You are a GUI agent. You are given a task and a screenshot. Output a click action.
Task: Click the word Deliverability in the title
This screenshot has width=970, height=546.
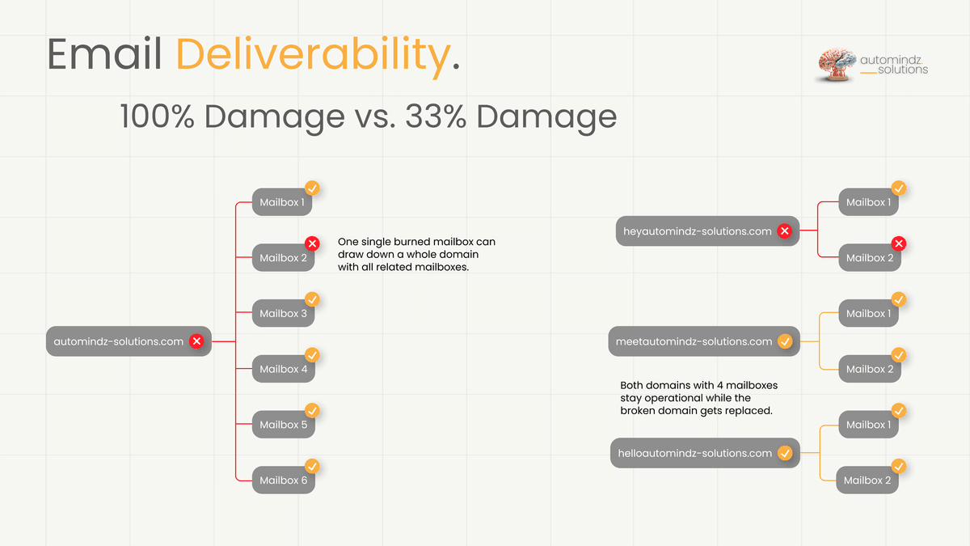311,55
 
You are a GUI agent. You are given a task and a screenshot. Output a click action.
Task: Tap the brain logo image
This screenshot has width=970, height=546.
837,65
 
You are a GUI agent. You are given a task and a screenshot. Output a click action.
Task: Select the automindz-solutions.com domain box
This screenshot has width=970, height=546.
119,341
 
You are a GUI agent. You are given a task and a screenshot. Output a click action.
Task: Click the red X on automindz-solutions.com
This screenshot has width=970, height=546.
196,341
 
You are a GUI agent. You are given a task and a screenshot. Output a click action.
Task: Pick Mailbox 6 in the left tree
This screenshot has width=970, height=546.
283,480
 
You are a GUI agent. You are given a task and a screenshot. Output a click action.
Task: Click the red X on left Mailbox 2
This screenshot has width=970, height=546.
312,243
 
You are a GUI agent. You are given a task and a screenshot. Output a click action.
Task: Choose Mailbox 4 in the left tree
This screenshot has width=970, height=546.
283,369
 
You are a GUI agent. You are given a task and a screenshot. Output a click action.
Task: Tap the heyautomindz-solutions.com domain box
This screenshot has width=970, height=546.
698,231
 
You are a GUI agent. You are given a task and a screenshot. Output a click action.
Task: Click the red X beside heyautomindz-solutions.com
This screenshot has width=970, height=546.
784,231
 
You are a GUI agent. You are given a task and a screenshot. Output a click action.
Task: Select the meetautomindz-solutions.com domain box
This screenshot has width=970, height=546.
694,341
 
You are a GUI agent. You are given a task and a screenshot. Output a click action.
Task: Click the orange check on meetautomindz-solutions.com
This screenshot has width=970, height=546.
784,341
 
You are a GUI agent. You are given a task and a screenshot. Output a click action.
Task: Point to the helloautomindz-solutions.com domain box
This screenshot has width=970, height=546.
695,453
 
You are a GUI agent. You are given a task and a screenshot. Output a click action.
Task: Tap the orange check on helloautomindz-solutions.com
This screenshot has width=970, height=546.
784,453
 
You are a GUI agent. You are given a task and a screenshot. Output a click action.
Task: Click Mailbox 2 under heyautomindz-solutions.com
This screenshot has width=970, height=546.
870,258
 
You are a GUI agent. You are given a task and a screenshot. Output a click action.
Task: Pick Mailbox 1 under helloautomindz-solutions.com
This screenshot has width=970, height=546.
868,425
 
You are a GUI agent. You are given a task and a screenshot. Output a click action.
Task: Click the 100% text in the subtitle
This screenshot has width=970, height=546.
157,117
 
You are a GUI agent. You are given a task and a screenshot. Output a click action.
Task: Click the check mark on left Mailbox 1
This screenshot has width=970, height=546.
312,188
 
